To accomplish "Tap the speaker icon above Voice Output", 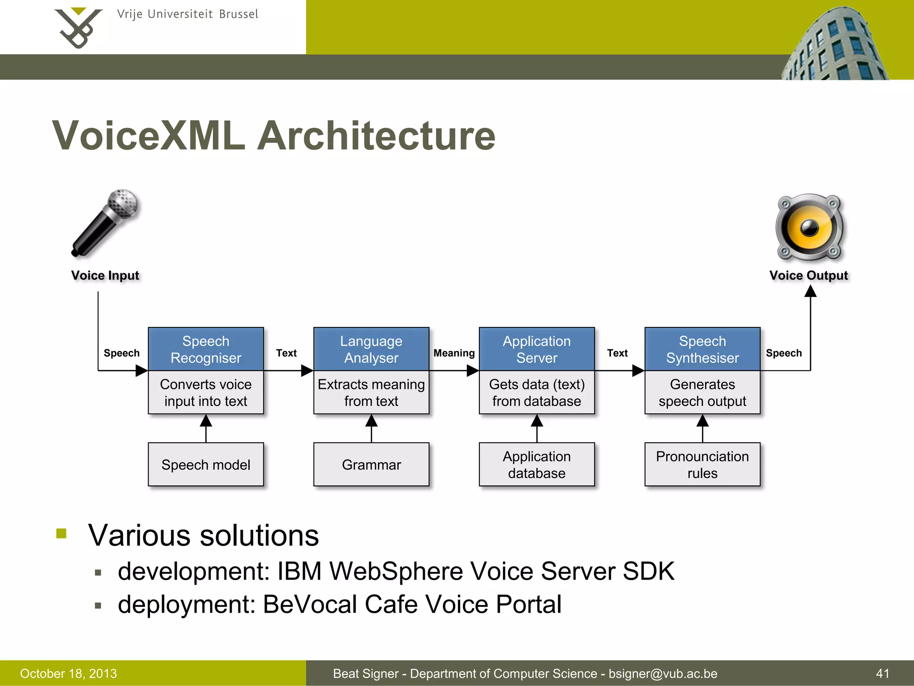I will (x=810, y=227).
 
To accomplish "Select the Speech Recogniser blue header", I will (x=206, y=349).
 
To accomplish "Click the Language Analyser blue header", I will (x=371, y=349).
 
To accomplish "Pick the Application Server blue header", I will (x=536, y=349).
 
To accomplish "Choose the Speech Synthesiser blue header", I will (x=702, y=349).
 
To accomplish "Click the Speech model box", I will (x=206, y=464).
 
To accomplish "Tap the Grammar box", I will (x=371, y=464).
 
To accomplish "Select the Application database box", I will (x=536, y=464).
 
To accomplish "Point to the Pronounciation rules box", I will (x=702, y=464).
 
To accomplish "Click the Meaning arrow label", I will (x=454, y=353).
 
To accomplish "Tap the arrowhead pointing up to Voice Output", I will (x=810, y=291).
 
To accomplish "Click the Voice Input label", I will (x=105, y=276).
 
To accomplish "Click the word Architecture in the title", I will (x=376, y=136).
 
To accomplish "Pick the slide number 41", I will (x=882, y=673).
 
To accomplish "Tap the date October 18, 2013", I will (x=68, y=673).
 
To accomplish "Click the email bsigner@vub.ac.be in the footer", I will (x=663, y=673).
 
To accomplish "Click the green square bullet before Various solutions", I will (x=62, y=533).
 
